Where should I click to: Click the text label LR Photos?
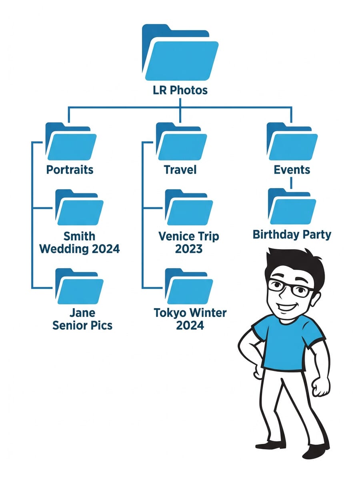pyautogui.click(x=180, y=90)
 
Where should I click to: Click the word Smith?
pyautogui.click(x=79, y=236)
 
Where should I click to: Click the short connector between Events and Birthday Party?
pyautogui.click(x=292, y=182)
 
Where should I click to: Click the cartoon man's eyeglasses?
pyautogui.click(x=290, y=288)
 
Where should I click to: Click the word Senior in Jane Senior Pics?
pyautogui.click(x=70, y=325)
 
